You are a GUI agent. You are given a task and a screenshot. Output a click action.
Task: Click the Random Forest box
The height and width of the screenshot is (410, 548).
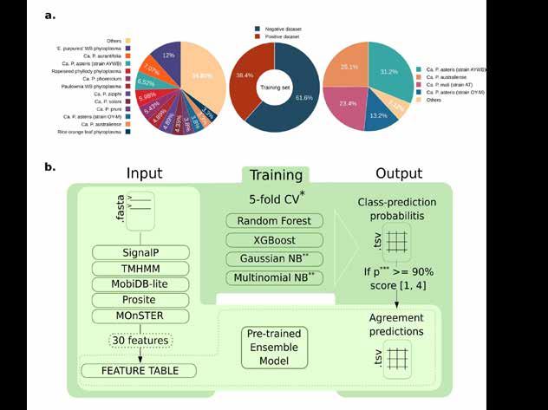273,220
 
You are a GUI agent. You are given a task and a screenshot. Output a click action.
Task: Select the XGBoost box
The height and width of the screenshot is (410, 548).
273,239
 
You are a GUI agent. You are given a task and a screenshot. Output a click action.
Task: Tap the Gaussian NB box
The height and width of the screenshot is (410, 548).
273,258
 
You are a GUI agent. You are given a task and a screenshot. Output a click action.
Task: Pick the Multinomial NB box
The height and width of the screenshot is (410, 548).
273,277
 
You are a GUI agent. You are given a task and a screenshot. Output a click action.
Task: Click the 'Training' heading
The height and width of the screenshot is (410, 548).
273,175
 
